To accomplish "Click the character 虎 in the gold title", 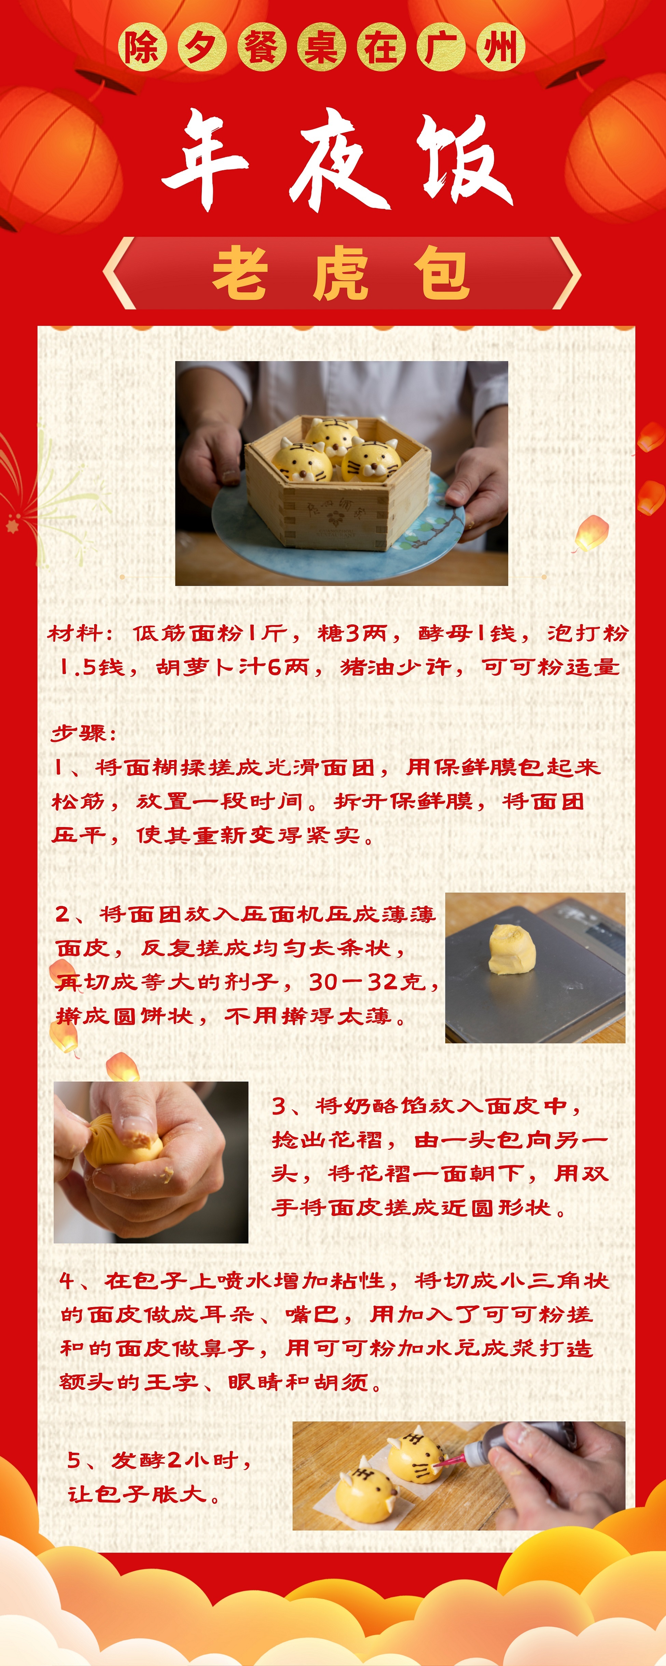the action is click(341, 274).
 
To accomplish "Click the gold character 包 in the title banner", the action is click(442, 274).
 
